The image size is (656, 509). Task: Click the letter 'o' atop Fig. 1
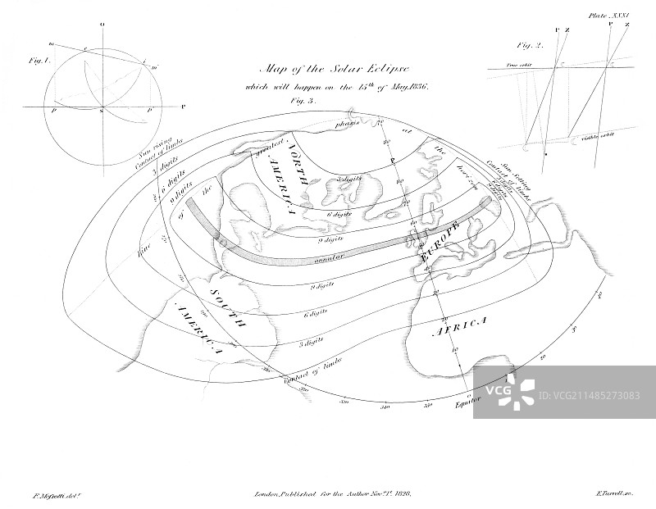point(102,25)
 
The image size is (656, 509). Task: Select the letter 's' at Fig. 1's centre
point(102,110)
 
